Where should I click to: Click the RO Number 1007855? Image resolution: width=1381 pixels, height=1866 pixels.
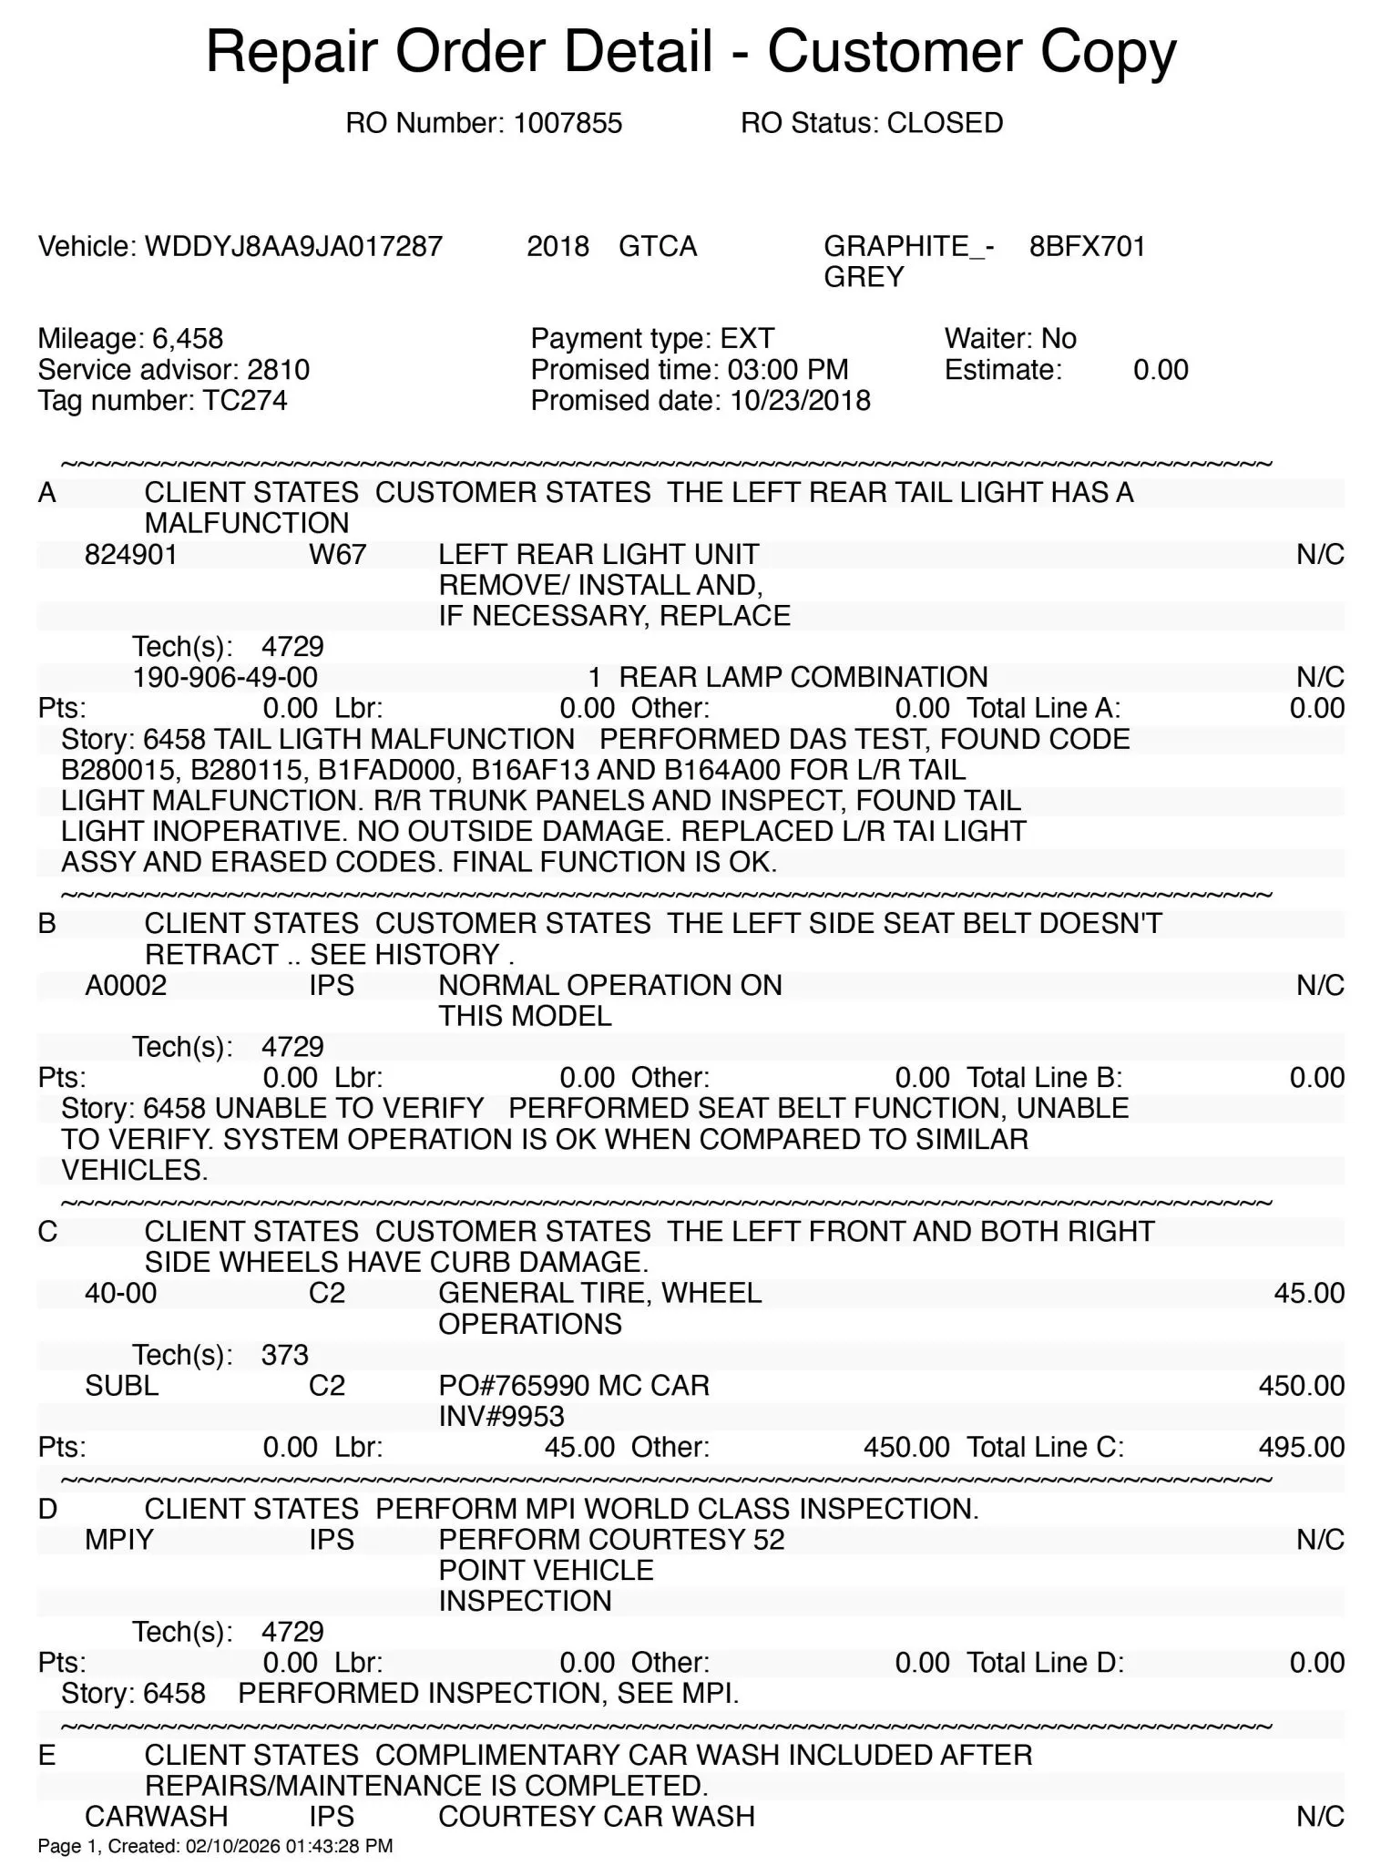568,123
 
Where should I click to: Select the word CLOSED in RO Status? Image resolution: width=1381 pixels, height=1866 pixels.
945,123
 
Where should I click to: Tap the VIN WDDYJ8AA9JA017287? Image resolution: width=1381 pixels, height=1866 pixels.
293,246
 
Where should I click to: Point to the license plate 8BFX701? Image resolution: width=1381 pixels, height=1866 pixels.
1087,246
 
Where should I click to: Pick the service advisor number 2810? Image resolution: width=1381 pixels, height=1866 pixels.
278,370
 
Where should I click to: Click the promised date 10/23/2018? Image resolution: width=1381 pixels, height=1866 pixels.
800,401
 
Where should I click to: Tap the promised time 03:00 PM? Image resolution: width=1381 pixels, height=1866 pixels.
788,370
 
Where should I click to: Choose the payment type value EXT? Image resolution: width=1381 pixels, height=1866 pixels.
747,339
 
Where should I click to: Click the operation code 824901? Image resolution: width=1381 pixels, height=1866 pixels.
131,554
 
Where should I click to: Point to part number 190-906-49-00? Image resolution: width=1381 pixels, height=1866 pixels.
225,677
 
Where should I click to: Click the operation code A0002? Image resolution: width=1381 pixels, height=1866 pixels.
126,985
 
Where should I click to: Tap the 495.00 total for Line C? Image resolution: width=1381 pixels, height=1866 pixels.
1301,1447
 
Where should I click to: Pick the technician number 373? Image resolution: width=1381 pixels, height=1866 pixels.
284,1355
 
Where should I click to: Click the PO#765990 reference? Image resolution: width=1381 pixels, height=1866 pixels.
514,1386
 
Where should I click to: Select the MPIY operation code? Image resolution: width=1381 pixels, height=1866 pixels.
119,1540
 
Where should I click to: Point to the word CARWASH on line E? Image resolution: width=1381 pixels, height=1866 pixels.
156,1816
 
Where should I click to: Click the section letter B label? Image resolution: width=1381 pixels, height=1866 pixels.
47,924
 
